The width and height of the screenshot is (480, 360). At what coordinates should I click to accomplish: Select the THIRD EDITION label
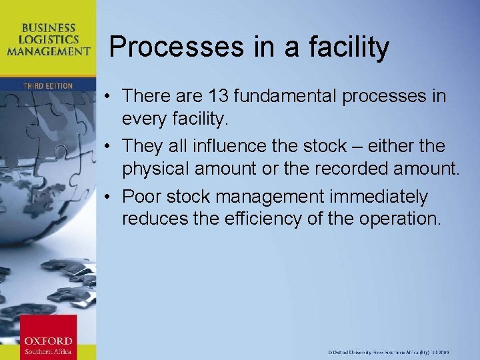click(47, 86)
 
